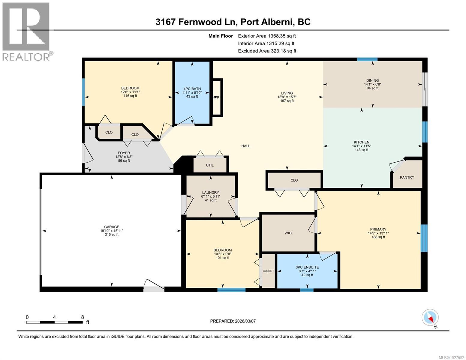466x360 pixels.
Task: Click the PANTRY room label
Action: (x=407, y=177)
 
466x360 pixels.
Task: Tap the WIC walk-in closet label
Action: (x=288, y=233)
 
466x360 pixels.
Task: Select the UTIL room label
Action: (x=210, y=165)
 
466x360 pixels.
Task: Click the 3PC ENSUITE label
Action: (x=307, y=267)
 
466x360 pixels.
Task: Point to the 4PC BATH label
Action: (x=192, y=88)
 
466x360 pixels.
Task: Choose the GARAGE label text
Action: (x=112, y=227)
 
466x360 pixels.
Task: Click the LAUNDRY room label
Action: (x=210, y=193)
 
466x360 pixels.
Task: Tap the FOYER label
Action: (x=124, y=153)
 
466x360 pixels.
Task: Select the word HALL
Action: (x=246, y=146)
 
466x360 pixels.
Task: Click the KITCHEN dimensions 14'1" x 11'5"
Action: (x=361, y=146)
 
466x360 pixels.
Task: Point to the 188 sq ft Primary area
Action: (x=378, y=237)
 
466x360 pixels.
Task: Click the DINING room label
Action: (x=372, y=80)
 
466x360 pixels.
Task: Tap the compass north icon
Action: (x=430, y=318)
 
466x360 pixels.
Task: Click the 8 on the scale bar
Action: (x=82, y=317)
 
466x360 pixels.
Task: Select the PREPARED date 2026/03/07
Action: (x=245, y=321)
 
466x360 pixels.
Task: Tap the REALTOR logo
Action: (x=26, y=31)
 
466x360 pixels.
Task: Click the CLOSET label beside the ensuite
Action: (x=268, y=271)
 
